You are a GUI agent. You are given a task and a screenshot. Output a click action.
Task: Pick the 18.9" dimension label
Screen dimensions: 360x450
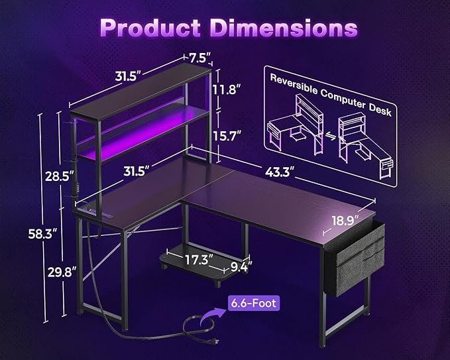pyautogui.click(x=346, y=219)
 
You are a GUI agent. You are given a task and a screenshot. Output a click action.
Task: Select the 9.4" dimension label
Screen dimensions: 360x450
pyautogui.click(x=241, y=267)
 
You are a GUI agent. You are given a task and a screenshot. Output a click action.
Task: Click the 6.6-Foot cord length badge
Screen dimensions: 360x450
pyautogui.click(x=254, y=304)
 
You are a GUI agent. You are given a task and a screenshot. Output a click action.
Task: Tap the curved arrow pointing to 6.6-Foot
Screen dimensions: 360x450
pyautogui.click(x=215, y=309)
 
